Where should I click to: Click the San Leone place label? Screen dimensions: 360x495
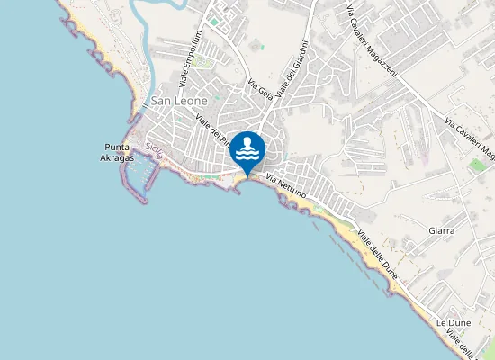(x=179, y=101)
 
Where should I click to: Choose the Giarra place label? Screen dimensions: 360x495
(x=442, y=231)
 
